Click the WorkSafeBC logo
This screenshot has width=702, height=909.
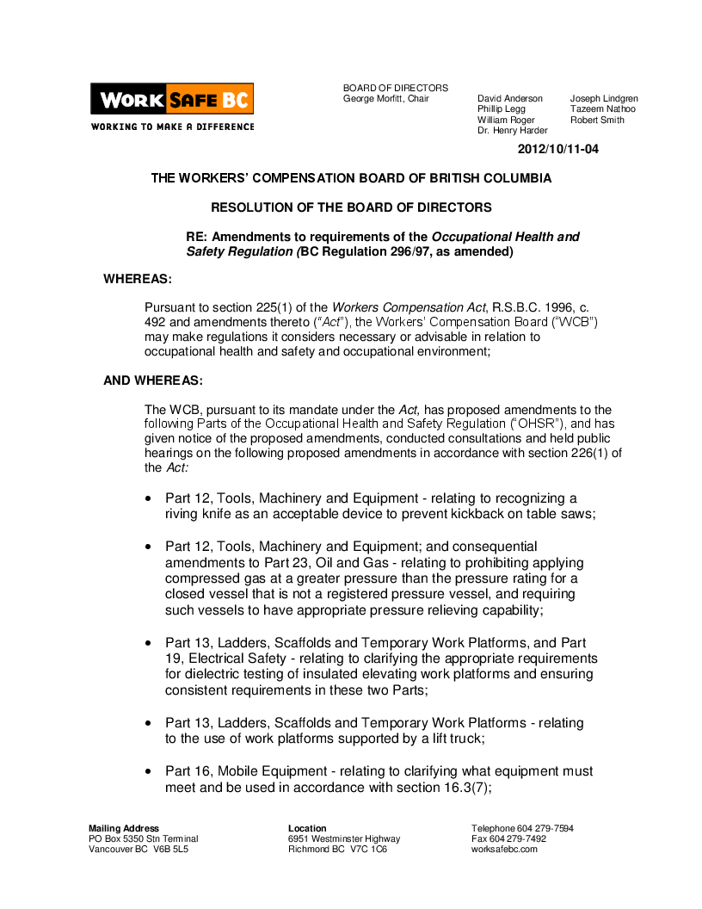click(x=172, y=99)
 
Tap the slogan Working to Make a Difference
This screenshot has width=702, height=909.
click(x=172, y=127)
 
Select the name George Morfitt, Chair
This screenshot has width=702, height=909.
click(x=385, y=99)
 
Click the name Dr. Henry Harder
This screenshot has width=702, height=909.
click(x=512, y=131)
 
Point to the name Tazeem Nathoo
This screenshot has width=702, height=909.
click(x=602, y=109)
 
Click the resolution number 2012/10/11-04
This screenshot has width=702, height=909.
click(x=557, y=149)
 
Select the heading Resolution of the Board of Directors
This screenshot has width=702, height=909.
click(x=351, y=207)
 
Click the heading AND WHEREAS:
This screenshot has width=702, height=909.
click(x=153, y=380)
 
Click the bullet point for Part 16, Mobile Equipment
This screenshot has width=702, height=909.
click(x=150, y=772)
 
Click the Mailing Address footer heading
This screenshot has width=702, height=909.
click(x=124, y=828)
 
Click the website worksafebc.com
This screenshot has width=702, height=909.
click(x=504, y=849)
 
